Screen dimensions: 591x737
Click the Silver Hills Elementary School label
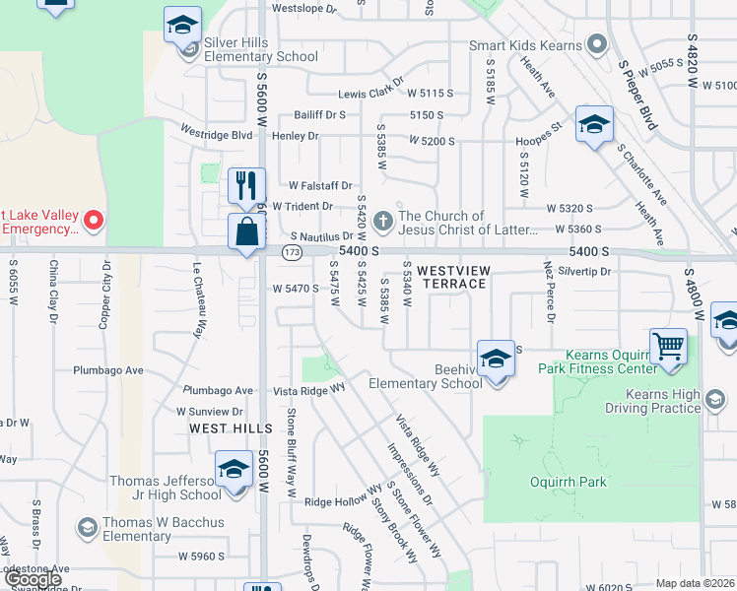coord(260,49)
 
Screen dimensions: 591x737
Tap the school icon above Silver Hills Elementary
coord(182,25)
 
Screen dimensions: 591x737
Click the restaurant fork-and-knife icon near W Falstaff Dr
coord(246,184)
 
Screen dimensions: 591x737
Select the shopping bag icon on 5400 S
coord(246,232)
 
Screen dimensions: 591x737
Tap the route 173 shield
coord(291,253)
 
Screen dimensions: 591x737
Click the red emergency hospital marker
coord(94,220)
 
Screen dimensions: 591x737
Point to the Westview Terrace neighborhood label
coord(451,276)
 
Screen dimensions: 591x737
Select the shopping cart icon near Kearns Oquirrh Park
coord(669,347)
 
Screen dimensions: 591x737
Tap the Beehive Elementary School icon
coord(496,357)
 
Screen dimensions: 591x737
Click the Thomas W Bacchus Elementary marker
coord(87,529)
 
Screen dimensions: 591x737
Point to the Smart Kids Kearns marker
coord(595,44)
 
